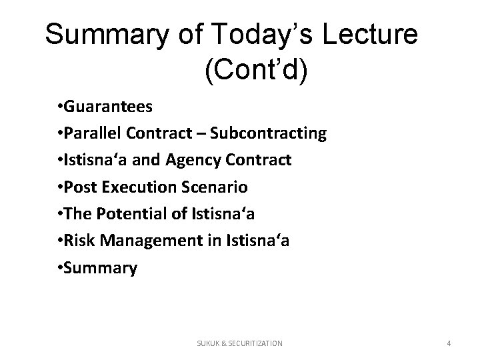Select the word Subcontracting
[268, 133]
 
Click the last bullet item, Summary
[100, 269]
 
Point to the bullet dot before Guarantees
[60, 107]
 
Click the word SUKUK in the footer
[207, 343]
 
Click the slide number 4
[449, 343]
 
